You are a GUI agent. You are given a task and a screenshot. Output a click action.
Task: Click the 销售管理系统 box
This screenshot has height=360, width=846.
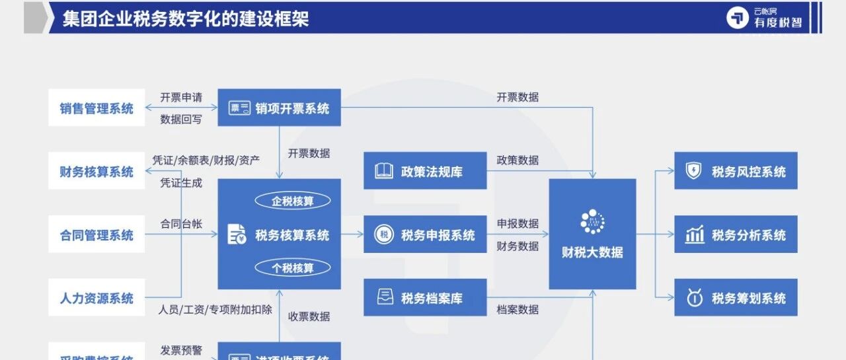(96, 108)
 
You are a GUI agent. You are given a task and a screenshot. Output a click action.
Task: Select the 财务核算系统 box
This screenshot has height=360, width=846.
(96, 171)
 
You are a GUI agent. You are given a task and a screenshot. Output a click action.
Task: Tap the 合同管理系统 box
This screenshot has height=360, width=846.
(96, 234)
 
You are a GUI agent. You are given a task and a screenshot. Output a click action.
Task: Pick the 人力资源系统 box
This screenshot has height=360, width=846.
(96, 298)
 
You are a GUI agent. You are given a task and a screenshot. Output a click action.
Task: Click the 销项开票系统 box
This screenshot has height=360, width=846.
(279, 108)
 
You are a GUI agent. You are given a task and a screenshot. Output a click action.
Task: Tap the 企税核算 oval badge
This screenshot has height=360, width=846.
(293, 201)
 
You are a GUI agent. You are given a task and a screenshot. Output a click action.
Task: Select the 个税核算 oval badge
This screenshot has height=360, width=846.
(293, 268)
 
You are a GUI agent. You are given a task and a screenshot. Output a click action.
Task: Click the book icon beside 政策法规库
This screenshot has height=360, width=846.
(383, 171)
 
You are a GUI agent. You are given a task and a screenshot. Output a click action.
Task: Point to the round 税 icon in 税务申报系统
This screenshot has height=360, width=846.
(383, 234)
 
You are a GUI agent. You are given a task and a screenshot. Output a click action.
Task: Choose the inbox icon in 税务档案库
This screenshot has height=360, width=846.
(383, 298)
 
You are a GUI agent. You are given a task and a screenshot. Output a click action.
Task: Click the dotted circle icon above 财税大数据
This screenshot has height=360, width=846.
(592, 222)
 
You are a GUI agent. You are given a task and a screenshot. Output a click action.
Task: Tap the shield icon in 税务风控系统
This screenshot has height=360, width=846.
(694, 171)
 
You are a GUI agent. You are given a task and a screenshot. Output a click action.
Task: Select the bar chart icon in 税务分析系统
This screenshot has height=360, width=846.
(694, 234)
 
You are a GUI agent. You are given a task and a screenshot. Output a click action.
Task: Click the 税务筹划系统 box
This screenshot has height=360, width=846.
(736, 298)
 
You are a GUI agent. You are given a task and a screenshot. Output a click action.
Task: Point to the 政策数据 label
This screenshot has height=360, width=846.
(518, 160)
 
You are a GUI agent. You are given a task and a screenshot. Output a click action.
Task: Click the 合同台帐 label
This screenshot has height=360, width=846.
(180, 223)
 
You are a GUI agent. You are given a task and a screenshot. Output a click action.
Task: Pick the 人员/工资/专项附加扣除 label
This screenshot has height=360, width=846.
(215, 309)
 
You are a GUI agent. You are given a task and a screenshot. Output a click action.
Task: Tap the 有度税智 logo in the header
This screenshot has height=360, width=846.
(765, 18)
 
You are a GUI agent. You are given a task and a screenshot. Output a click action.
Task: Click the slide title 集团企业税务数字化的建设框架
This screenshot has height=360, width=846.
(186, 18)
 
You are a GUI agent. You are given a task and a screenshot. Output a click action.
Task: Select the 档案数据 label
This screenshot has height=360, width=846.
(518, 309)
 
